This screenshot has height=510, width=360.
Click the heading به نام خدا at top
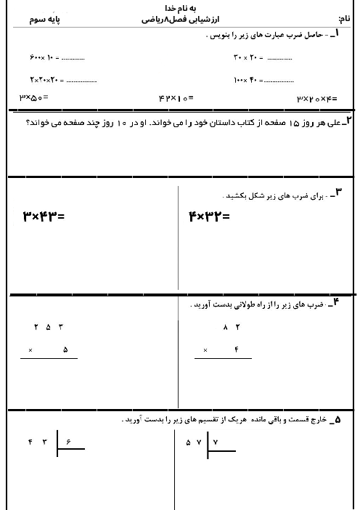pyautogui.click(x=181, y=7)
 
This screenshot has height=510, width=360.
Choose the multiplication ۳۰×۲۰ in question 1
pyautogui.click(x=247, y=57)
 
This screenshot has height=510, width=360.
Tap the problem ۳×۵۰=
pyautogui.click(x=33, y=97)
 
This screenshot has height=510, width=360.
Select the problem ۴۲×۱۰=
pyautogui.click(x=175, y=97)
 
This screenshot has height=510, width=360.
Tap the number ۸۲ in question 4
pyautogui.click(x=232, y=327)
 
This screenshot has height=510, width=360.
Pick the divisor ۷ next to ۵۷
pyautogui.click(x=216, y=442)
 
